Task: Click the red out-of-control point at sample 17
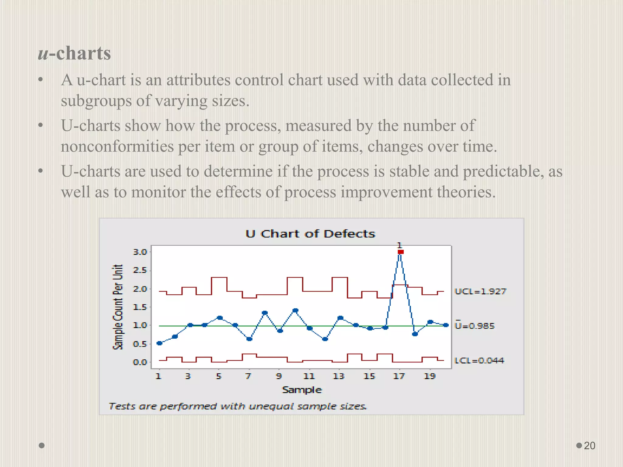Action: tap(401, 252)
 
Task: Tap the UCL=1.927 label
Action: tap(480, 291)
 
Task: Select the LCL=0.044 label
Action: tap(479, 360)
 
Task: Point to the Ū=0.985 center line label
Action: tap(475, 326)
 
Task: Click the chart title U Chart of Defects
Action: tap(310, 233)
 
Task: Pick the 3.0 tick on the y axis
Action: tap(140, 252)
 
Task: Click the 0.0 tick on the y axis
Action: tap(140, 362)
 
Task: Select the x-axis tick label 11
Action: tap(309, 376)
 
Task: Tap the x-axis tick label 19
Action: tap(430, 376)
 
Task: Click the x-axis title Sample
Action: tap(302, 390)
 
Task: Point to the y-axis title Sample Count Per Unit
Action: tap(118, 307)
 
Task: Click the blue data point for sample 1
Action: tap(159, 343)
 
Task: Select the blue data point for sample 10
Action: tap(295, 310)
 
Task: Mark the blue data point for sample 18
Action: tap(415, 334)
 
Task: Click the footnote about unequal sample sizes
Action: tap(238, 406)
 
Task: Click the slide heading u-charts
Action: tap(75, 53)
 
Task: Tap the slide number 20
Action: tap(589, 445)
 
